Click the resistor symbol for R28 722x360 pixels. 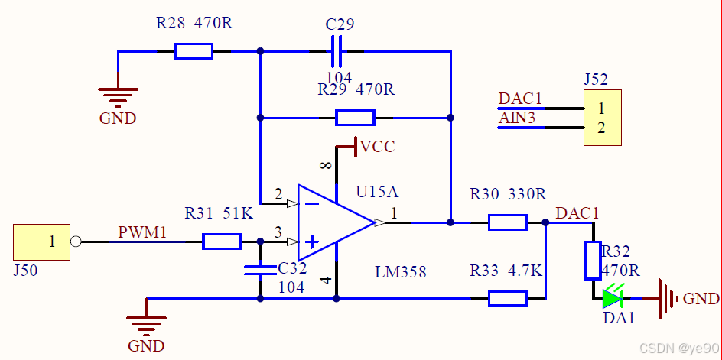(x=193, y=51)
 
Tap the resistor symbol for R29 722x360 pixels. (x=355, y=118)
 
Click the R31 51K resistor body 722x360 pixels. (x=222, y=242)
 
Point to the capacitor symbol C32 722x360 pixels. (x=260, y=269)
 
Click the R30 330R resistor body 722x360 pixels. (x=507, y=222)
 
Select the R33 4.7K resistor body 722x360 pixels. (x=507, y=298)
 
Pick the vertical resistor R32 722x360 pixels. (x=593, y=260)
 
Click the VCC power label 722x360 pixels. (x=377, y=146)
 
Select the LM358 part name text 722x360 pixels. (x=400, y=272)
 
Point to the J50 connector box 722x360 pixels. (x=41, y=242)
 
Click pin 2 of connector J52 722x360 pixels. (x=602, y=128)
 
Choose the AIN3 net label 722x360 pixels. (x=517, y=118)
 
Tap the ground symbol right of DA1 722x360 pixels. (x=669, y=298)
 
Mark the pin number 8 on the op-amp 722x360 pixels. (x=327, y=166)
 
